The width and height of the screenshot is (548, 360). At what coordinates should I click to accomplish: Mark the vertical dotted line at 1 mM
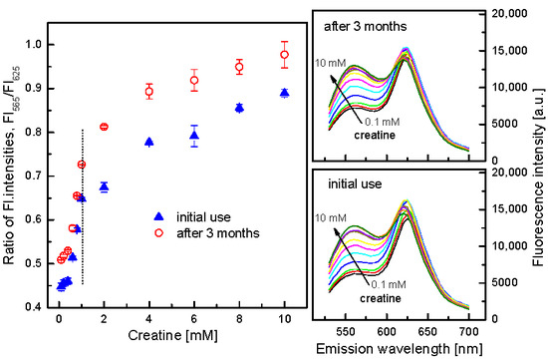[81, 199]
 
